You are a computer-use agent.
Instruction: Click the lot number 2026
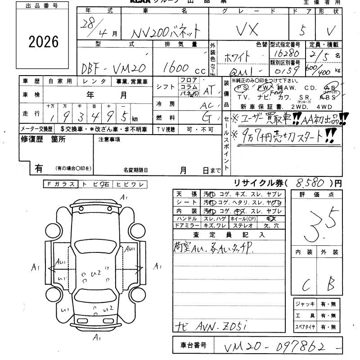[x=44, y=42]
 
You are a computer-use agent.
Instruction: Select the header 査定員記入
[x=229, y=234]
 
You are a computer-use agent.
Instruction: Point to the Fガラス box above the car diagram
[x=60, y=184]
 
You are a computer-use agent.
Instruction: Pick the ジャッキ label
[x=305, y=304]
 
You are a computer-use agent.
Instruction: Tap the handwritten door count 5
[x=302, y=30]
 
